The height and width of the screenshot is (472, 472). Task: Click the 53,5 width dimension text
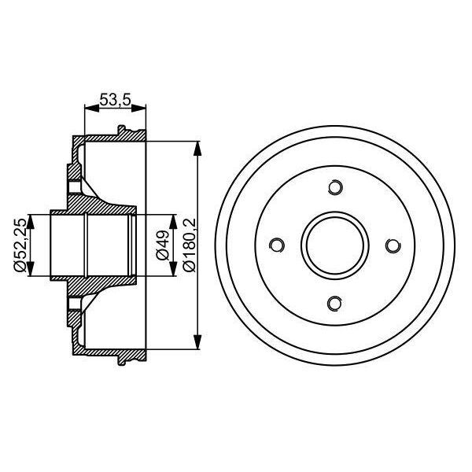tap(115, 100)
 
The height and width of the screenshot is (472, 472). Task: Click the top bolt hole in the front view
tap(335, 188)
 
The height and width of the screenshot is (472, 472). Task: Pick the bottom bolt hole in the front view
tap(335, 304)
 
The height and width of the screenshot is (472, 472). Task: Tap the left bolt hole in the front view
tap(277, 245)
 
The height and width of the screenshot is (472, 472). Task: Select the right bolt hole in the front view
tap(393, 245)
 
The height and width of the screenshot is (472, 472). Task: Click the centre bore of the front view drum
tap(335, 245)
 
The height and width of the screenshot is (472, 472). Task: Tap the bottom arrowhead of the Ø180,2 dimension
tap(197, 344)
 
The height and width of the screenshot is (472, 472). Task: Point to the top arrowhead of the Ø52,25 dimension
tap(30, 218)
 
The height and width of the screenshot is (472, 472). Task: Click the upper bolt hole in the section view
tap(75, 188)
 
